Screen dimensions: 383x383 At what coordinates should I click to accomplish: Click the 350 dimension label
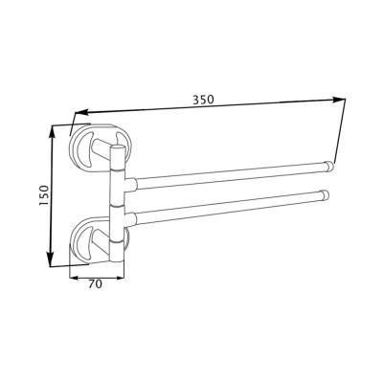(203, 100)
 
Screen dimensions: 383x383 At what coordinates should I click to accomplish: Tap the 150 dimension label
(44, 195)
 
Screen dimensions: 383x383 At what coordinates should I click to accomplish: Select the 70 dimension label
(95, 283)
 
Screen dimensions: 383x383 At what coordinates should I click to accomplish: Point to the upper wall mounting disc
(101, 146)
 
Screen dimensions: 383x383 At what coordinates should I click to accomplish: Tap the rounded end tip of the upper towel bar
(328, 167)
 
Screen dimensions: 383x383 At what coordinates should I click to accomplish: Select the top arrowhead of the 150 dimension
(52, 131)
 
